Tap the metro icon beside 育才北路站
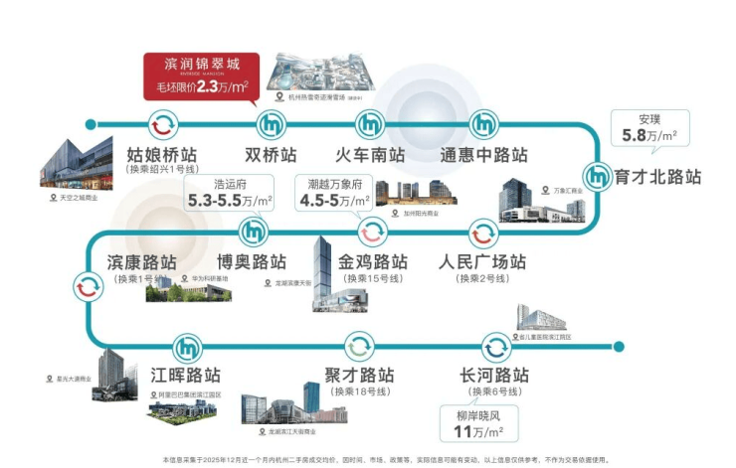coord(597,176)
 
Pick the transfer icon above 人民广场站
coord(482,233)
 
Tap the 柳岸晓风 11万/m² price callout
coord(480,424)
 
